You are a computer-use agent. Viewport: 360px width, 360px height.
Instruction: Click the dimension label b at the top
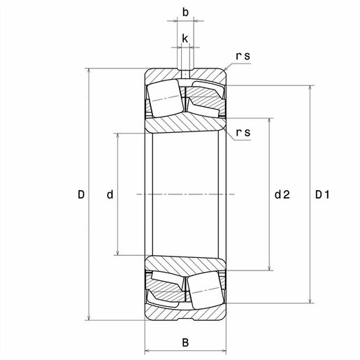185,13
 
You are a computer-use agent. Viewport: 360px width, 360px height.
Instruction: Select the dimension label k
185,38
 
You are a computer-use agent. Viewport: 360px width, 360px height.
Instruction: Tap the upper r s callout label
243,56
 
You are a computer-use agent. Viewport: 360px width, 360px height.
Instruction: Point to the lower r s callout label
243,133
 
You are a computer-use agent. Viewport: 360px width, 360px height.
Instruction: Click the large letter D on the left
81,194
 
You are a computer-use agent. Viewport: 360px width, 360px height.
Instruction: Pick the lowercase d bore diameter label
110,194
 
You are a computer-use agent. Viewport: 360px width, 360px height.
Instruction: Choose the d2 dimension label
282,194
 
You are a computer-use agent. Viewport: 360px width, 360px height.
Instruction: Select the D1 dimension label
322,194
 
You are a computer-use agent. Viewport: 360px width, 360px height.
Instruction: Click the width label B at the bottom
185,343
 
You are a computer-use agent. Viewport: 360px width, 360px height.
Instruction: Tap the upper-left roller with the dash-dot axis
166,99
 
